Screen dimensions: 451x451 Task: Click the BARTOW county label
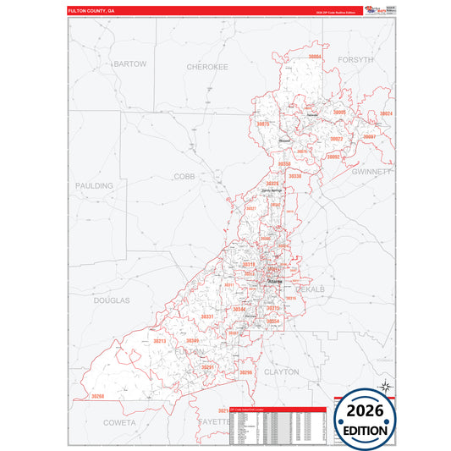click(130, 63)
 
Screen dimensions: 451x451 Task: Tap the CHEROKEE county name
click(207, 65)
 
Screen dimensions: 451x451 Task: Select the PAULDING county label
click(93, 185)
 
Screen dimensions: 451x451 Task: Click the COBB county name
click(184, 176)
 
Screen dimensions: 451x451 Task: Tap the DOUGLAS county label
click(112, 300)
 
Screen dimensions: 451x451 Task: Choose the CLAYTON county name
click(282, 371)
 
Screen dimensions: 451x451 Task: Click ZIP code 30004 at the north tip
click(315, 57)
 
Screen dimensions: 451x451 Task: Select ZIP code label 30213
click(159, 341)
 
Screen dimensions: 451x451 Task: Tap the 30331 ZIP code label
click(206, 316)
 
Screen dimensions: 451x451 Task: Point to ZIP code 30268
click(99, 396)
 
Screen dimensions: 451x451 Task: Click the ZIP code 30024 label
click(386, 113)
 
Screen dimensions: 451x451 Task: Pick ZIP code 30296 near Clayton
click(245, 371)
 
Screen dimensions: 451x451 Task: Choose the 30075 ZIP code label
click(262, 124)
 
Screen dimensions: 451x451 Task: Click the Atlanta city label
click(276, 283)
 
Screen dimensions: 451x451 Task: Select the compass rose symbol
click(387, 387)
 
